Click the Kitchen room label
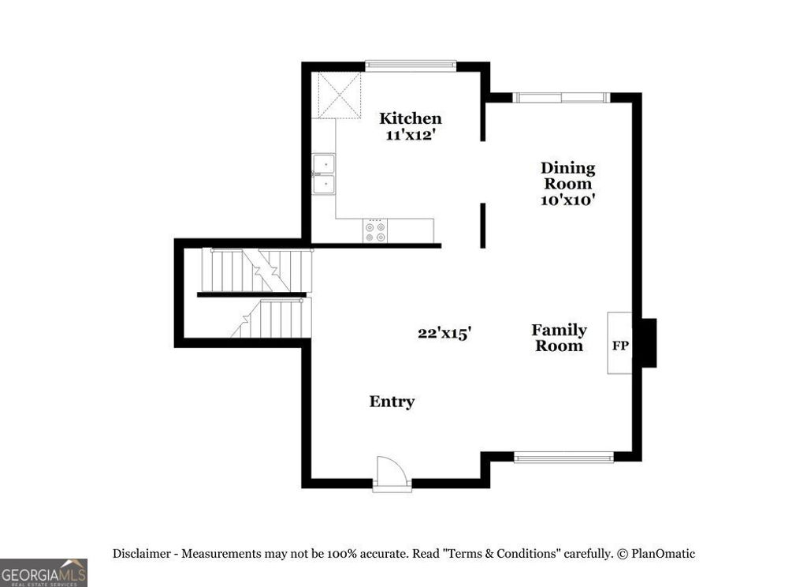[x=411, y=118]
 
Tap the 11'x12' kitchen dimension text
[x=411, y=135]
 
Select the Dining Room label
[x=567, y=175]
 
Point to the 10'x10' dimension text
[x=567, y=200]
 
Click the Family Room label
[x=559, y=338]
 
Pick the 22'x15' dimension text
[x=444, y=334]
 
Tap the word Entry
[x=392, y=402]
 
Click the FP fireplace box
[x=620, y=344]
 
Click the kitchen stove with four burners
[x=375, y=230]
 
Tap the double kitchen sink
[x=323, y=174]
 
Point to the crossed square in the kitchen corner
[x=337, y=95]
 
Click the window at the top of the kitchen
[x=411, y=65]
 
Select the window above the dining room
[x=561, y=98]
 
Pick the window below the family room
[x=563, y=456]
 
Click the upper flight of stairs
[x=258, y=270]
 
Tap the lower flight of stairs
[x=271, y=318]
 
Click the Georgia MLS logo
[x=43, y=572]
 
